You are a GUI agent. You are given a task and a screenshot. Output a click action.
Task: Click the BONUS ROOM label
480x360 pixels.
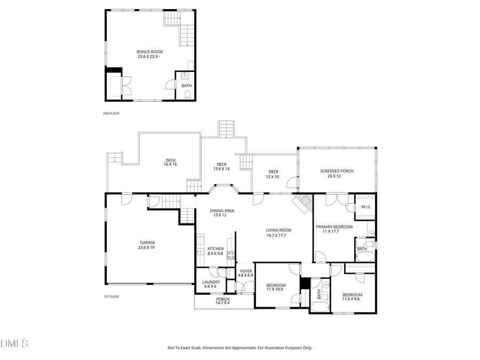[150, 52]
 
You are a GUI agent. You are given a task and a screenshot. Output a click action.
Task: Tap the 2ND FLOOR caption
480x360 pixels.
[111, 114]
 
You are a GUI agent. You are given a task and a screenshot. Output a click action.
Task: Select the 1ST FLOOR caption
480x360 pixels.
[111, 297]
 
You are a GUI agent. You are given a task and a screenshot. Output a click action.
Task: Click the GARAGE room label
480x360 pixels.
[147, 243]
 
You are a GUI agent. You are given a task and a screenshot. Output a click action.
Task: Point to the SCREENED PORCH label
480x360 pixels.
[337, 171]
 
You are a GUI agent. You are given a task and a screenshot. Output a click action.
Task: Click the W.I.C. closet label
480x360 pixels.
[366, 207]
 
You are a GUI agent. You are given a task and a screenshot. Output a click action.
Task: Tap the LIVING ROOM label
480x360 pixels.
[278, 230]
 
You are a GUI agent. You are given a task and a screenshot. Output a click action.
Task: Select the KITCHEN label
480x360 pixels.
[215, 249]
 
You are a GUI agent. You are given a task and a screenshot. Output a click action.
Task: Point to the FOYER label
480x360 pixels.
[245, 271]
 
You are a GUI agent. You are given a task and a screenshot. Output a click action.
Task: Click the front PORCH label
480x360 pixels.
[223, 299]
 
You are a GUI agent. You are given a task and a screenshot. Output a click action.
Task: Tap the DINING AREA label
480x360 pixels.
[222, 211]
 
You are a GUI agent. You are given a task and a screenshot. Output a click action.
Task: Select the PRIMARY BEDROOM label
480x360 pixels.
[334, 227]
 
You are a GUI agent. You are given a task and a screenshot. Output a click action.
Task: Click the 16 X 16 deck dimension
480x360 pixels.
[170, 164]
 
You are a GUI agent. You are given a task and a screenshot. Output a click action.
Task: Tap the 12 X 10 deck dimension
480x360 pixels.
[273, 177]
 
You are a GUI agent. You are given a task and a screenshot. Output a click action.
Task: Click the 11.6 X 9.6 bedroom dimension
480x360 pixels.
[352, 299]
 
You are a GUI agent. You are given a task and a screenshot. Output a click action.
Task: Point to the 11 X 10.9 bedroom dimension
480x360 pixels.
[276, 290]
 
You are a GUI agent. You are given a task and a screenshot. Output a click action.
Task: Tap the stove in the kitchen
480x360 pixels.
[231, 255]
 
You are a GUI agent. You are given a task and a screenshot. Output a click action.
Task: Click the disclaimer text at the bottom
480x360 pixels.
[240, 348]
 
